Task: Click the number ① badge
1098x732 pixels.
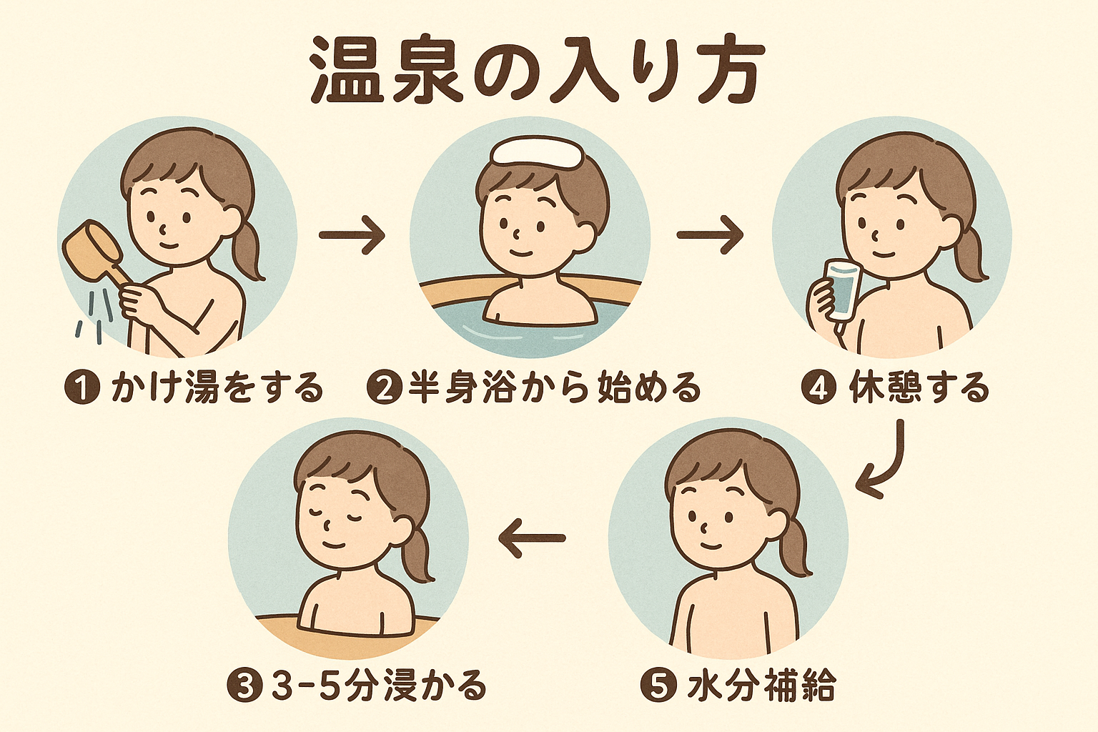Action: (x=82, y=388)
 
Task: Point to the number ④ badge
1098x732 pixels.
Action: (x=818, y=388)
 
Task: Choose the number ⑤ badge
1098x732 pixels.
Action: (x=659, y=686)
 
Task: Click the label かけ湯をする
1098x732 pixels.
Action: (x=217, y=388)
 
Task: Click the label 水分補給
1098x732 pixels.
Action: (x=760, y=686)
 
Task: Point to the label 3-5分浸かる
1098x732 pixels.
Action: (x=377, y=686)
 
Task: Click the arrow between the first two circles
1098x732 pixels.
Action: (x=352, y=235)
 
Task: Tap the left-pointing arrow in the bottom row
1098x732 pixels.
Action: (x=532, y=538)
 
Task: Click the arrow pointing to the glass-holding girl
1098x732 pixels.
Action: (x=711, y=235)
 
